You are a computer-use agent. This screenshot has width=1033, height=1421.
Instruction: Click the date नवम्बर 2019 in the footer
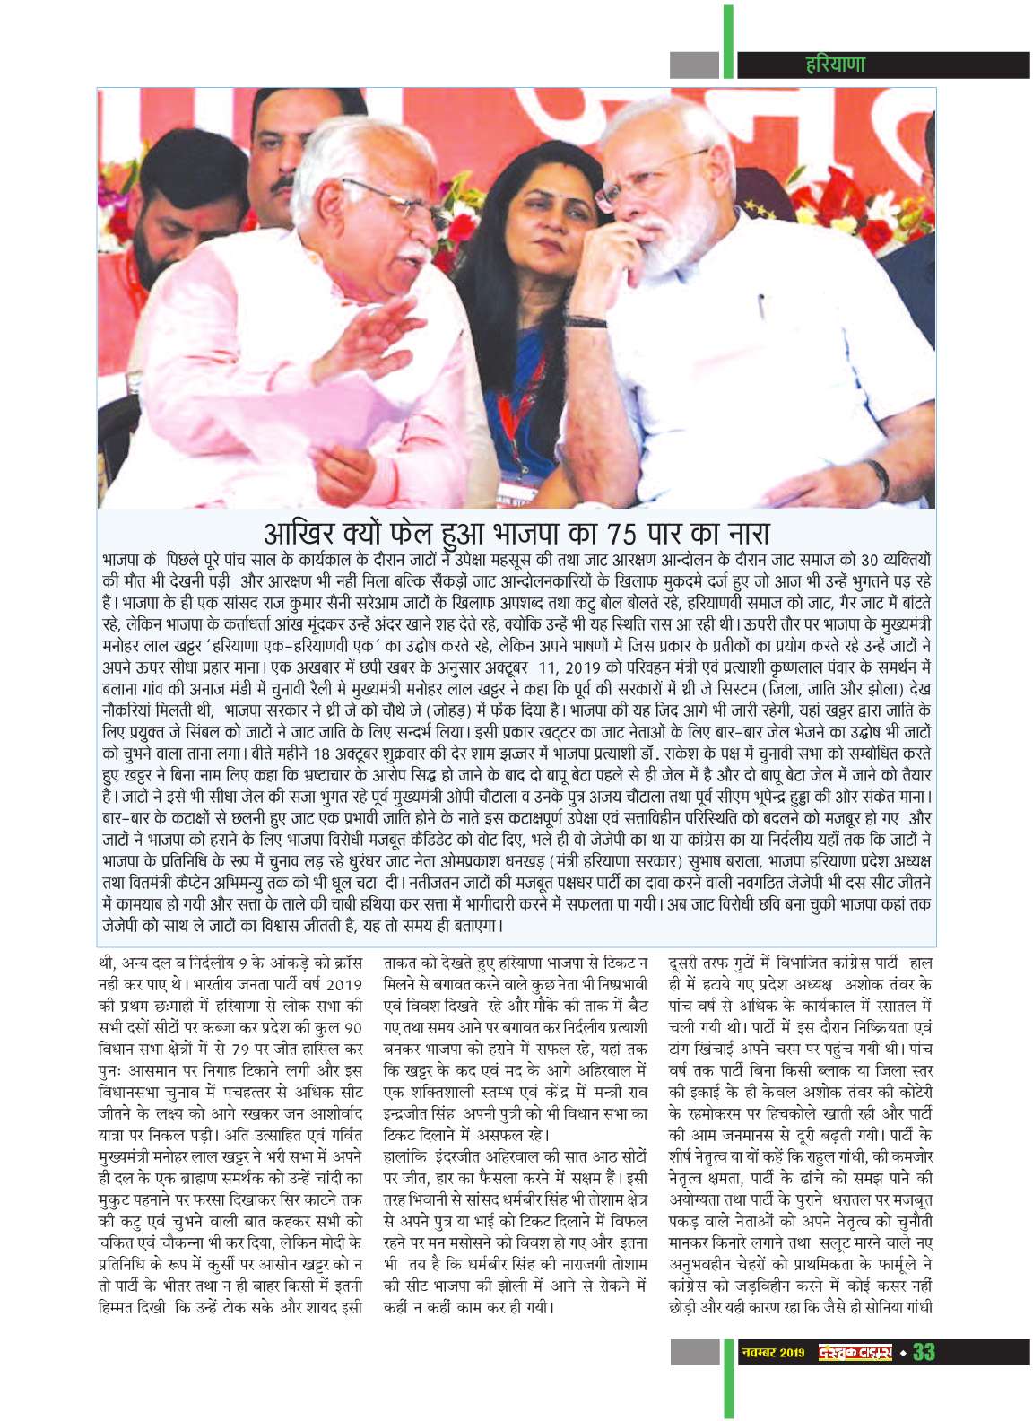tap(773, 1352)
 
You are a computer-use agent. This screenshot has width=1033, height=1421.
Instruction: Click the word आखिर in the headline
tap(295, 533)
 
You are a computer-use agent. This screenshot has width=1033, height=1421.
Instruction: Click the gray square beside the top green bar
tap(695, 65)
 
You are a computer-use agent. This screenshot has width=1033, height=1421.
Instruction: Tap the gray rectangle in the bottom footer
tap(695, 1352)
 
